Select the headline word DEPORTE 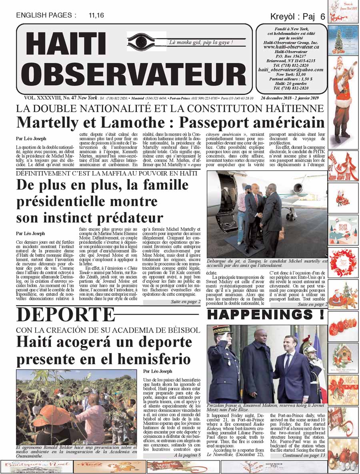pyautogui.click(x=66, y=315)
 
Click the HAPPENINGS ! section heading pyautogui.click(x=266, y=315)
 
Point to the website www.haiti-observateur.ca pyautogui.click(x=291, y=47)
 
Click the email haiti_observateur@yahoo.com pyautogui.click(x=291, y=69)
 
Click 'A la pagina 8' pyautogui.click(x=187, y=455)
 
